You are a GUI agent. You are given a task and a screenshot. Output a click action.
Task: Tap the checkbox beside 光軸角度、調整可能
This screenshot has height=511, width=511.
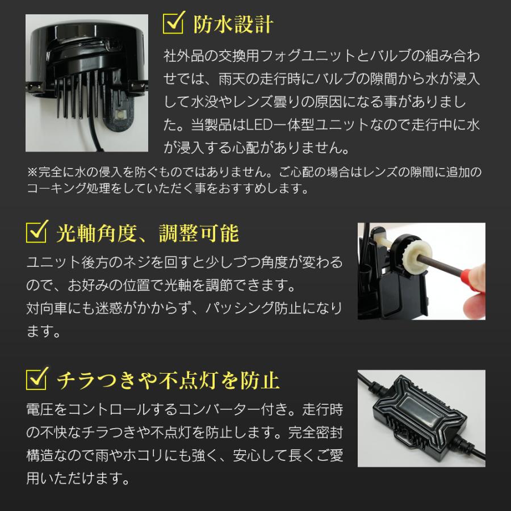click(x=37, y=232)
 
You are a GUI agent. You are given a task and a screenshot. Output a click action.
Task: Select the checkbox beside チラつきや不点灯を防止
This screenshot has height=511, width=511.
click(x=37, y=379)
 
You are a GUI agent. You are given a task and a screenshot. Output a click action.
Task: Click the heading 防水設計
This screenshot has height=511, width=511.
click(x=233, y=24)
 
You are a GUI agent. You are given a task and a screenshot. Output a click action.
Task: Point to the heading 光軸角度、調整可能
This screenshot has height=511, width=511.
click(x=147, y=233)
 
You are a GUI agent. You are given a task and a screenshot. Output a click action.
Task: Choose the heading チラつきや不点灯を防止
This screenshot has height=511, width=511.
click(x=167, y=379)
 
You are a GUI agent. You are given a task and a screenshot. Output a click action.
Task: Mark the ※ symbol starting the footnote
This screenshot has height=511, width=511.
click(x=31, y=171)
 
